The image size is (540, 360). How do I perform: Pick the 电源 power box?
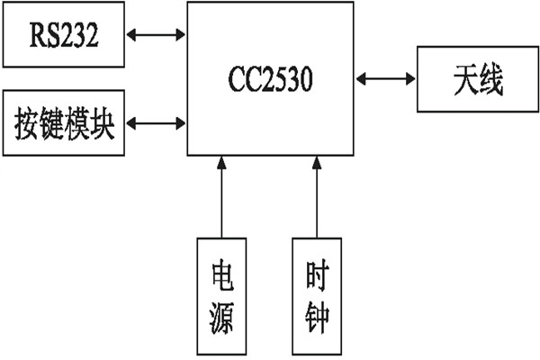coord(221,295)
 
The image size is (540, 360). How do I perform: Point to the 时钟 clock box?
coord(317,295)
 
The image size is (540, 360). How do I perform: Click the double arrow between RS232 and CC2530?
coord(157,37)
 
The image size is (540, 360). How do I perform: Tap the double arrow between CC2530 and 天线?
coord(385,82)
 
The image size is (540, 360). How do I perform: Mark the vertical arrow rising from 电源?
coord(221,198)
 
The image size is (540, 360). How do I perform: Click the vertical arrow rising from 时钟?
coord(317,198)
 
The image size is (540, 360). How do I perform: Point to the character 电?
coord(221,275)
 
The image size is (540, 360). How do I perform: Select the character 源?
coord(221,317)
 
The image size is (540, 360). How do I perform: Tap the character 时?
coord(317,275)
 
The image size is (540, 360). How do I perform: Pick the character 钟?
coord(317,317)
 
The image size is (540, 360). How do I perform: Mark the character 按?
coord(26,122)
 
